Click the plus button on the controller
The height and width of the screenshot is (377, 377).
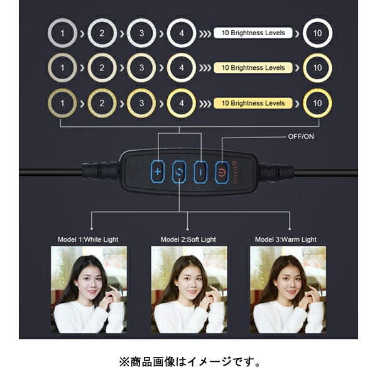(158, 171)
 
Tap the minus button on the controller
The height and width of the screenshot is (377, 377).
(200, 171)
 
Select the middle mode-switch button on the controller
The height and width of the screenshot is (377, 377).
(179, 171)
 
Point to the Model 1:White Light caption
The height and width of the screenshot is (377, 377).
(88, 239)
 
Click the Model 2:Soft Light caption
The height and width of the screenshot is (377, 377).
(188, 239)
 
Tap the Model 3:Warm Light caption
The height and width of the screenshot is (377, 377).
(286, 239)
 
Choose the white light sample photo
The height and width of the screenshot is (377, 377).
(89, 289)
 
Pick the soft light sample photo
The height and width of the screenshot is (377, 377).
(189, 289)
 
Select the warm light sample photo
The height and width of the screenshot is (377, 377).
(287, 289)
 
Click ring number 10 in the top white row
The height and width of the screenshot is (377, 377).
(317, 33)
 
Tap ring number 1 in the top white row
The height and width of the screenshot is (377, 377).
(62, 33)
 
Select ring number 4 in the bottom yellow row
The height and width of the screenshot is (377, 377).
(182, 103)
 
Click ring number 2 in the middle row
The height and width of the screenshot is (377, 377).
(102, 68)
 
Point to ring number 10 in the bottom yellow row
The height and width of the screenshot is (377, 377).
(317, 103)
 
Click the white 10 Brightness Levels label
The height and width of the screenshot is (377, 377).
(253, 33)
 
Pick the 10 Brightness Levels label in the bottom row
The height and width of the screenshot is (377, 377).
(253, 103)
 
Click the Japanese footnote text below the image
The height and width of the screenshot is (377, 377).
(188, 362)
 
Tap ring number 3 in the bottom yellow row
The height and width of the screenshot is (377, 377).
(142, 103)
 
